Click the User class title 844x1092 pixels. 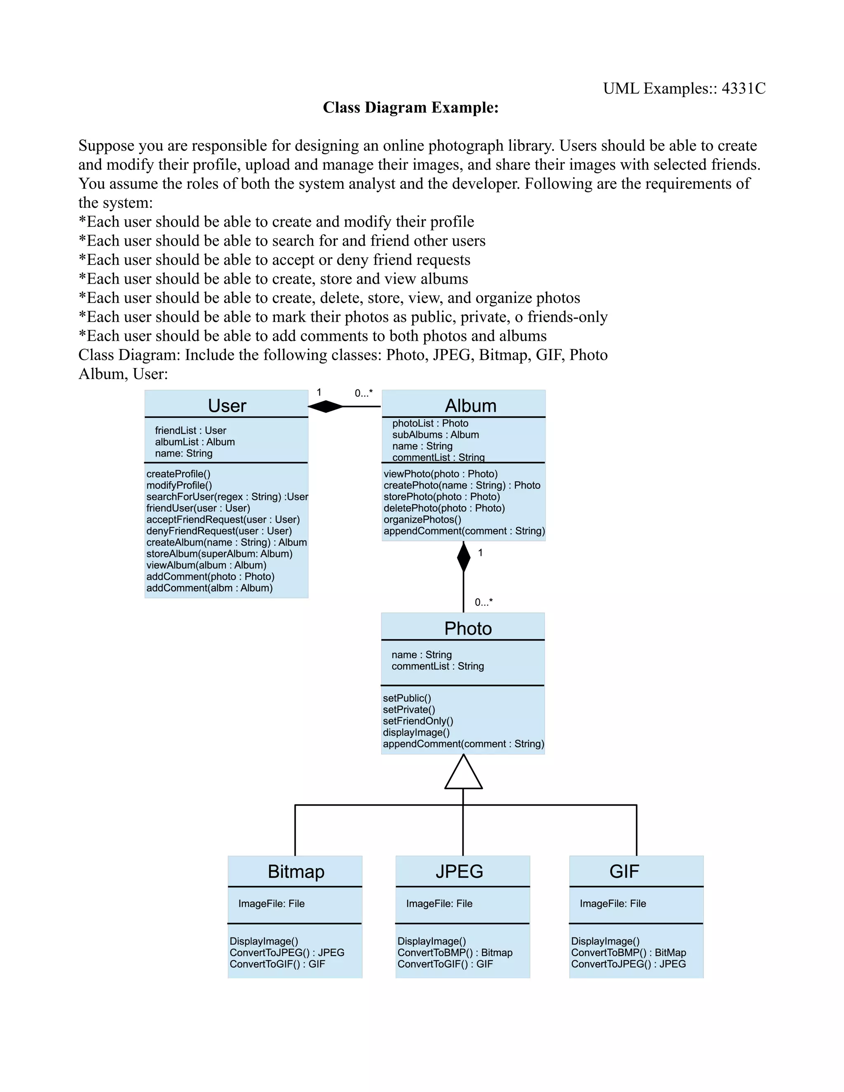[227, 405]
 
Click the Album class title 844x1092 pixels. [471, 405]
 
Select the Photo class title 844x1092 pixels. [468, 628]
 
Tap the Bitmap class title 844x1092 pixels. [296, 872]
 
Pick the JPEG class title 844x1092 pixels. [459, 872]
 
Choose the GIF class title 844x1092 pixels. [624, 872]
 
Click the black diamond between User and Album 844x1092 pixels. [326, 406]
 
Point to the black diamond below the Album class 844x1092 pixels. [464, 557]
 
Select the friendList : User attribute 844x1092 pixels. [190, 431]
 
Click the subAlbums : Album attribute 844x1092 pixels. [436, 434]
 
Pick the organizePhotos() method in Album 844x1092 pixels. [422, 520]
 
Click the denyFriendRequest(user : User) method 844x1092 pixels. [219, 531]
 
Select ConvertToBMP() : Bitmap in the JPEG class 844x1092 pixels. [455, 952]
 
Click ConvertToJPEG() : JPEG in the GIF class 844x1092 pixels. [628, 964]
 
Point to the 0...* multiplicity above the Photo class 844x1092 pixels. [483, 602]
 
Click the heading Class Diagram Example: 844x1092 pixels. [410, 108]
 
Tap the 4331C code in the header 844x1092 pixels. [743, 89]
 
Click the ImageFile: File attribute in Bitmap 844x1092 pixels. [272, 904]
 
